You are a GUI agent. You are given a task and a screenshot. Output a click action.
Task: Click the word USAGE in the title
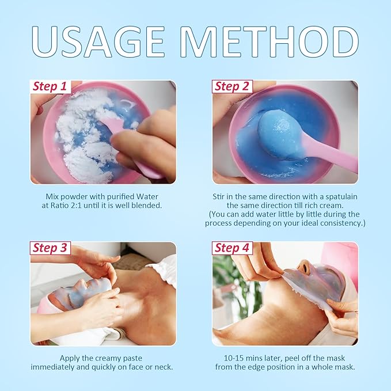pos(98,41)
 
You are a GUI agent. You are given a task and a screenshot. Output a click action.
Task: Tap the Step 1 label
pos(50,86)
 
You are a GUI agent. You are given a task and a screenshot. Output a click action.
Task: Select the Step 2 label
pos(232,86)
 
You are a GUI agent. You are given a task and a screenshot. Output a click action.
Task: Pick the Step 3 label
pos(50,248)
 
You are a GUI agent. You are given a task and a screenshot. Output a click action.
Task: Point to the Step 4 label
pos(232,248)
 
